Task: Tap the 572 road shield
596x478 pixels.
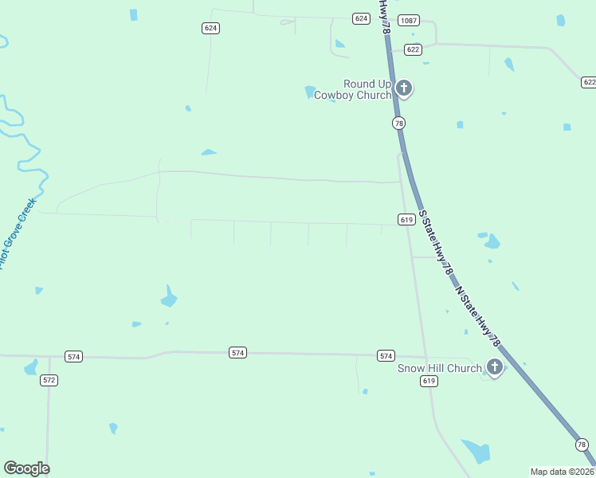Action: point(49,380)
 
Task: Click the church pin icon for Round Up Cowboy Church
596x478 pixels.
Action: point(404,88)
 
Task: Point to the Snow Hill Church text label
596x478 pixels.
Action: point(440,368)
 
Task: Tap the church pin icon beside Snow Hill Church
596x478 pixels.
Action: point(495,366)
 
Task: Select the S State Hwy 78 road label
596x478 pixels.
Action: point(436,244)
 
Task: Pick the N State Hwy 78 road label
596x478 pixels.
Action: point(478,315)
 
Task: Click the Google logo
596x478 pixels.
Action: point(26,468)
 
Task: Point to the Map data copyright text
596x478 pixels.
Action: point(562,472)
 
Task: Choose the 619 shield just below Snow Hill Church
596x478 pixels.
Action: point(429,382)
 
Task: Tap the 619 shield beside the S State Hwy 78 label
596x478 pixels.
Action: point(406,219)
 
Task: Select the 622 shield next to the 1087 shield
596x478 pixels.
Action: point(413,49)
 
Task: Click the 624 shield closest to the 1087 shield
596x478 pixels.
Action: point(362,18)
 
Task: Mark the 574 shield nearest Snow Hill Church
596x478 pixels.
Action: point(386,355)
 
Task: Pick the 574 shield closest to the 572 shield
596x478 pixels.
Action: point(74,356)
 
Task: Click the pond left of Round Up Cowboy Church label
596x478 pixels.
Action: point(310,92)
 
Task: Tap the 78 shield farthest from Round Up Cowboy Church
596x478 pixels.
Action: point(582,445)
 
